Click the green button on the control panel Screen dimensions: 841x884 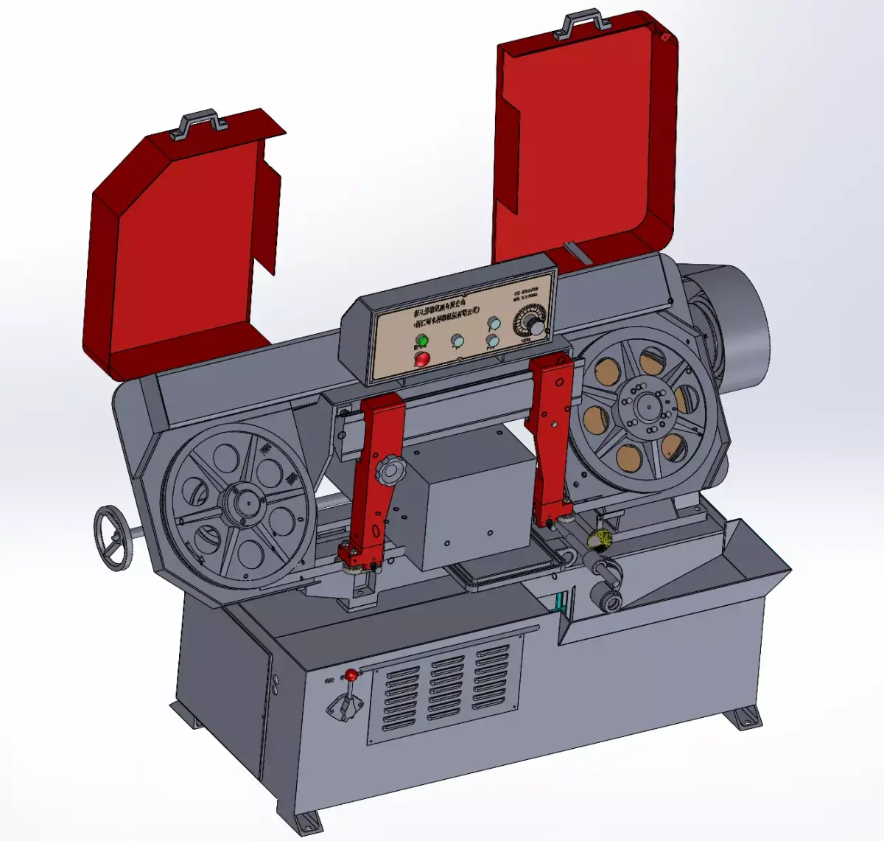(421, 341)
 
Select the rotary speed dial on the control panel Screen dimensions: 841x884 (533, 324)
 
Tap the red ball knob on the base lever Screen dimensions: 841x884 (352, 674)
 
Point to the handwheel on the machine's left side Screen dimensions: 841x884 (112, 537)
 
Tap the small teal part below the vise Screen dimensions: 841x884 (564, 601)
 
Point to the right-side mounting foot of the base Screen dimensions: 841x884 (743, 718)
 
